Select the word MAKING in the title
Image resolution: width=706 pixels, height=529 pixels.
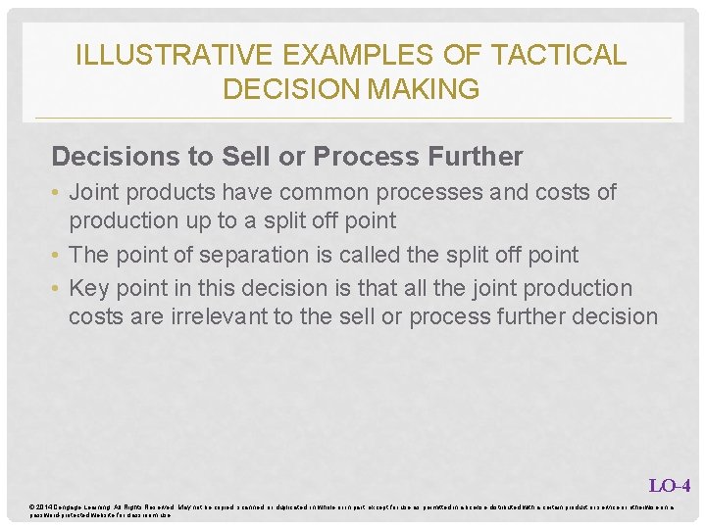[x=424, y=89]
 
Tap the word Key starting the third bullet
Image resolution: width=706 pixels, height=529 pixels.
[x=90, y=288]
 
